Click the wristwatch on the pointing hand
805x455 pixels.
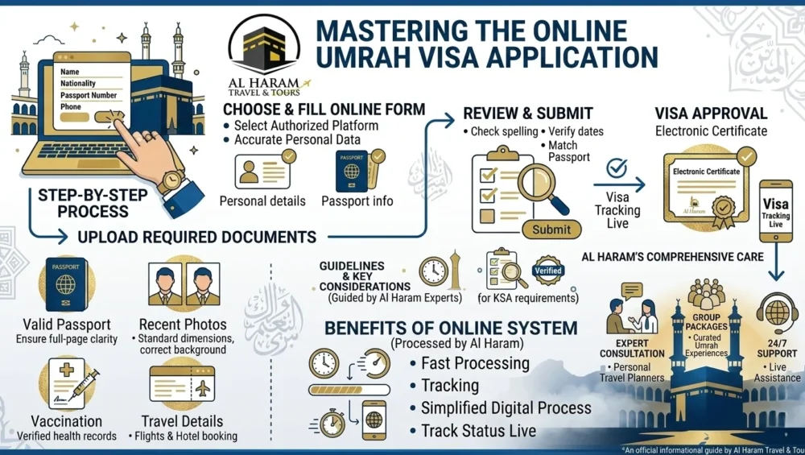[x=171, y=179]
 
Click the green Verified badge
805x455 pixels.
[x=548, y=271]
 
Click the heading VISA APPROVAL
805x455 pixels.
[x=711, y=114]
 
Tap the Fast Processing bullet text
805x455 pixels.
[x=475, y=363]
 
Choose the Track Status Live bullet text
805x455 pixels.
[x=478, y=431]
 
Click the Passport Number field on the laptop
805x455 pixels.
[x=89, y=95]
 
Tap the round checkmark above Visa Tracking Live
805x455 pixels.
[x=617, y=168]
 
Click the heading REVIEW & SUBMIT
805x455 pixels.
[x=527, y=114]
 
